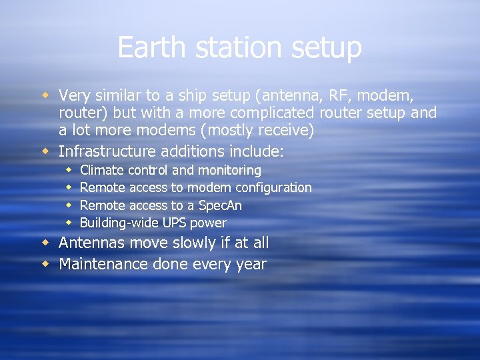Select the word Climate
tap(101, 171)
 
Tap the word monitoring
tap(229, 171)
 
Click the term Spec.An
tap(221, 206)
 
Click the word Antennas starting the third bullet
tap(91, 243)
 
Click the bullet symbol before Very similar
tap(45, 95)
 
